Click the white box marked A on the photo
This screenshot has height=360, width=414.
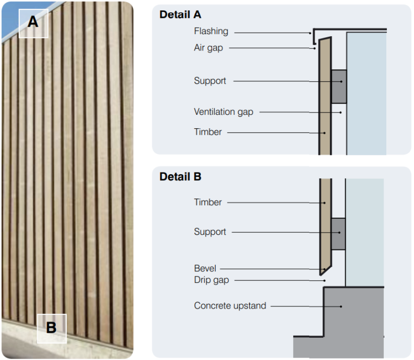[33, 23]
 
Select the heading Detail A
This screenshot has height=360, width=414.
[180, 14]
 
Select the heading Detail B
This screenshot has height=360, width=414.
[180, 176]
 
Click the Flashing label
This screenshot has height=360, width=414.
[211, 31]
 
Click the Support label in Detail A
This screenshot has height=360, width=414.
[210, 81]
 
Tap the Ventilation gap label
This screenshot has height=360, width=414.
[223, 112]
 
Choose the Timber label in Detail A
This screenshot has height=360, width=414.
[208, 132]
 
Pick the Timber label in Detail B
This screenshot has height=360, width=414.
[208, 202]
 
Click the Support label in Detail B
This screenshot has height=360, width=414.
[210, 232]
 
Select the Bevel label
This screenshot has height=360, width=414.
[205, 268]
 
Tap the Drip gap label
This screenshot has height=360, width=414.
[211, 280]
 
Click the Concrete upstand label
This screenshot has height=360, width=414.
[230, 306]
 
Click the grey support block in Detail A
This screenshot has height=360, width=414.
[338, 86]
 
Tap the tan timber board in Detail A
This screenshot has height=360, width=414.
[324, 99]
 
